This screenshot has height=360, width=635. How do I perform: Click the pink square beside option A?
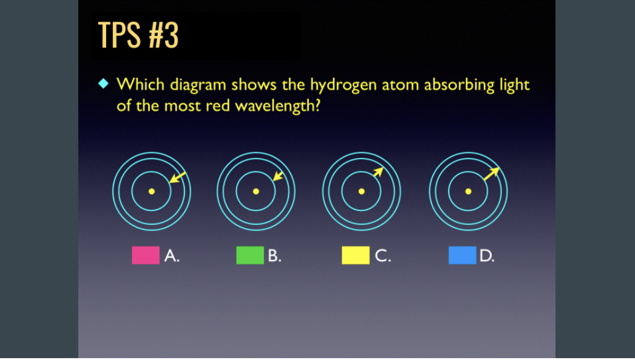point(145,255)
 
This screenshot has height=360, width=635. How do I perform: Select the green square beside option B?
point(250,255)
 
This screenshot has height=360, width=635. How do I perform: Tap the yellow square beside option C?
point(356,255)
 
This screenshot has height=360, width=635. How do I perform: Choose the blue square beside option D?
point(462,255)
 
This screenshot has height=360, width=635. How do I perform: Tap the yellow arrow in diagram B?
point(278,176)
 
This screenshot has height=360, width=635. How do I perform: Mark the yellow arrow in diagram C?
point(377,173)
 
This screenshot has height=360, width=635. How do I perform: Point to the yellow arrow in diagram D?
point(491,173)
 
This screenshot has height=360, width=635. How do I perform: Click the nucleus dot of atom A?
point(152,191)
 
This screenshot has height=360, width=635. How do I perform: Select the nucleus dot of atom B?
point(256,191)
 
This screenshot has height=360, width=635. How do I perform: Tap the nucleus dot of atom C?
point(362,191)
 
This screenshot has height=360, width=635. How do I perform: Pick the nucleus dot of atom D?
point(469,191)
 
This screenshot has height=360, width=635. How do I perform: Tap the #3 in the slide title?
point(163,36)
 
